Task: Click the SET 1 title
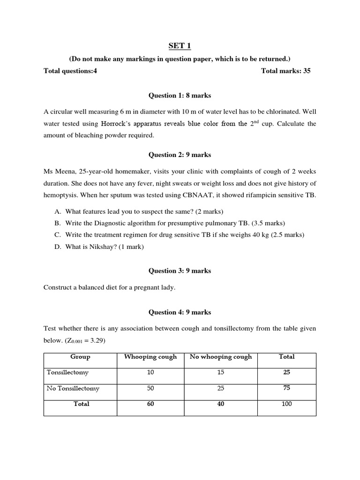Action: (180, 46)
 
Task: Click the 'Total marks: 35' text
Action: (285, 71)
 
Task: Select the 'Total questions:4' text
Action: (70, 71)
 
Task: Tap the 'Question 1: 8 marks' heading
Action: (180, 96)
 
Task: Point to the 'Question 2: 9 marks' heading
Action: (180, 154)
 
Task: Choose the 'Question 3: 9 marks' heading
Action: (180, 270)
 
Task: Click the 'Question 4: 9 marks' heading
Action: (180, 312)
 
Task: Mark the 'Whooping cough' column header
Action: (150, 357)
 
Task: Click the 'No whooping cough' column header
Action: (220, 357)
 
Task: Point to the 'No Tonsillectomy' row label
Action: (73, 389)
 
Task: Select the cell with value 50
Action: (150, 389)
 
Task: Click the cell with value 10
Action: (150, 372)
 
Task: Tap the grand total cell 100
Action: (286, 404)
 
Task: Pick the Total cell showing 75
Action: (286, 389)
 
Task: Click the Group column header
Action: (80, 357)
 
